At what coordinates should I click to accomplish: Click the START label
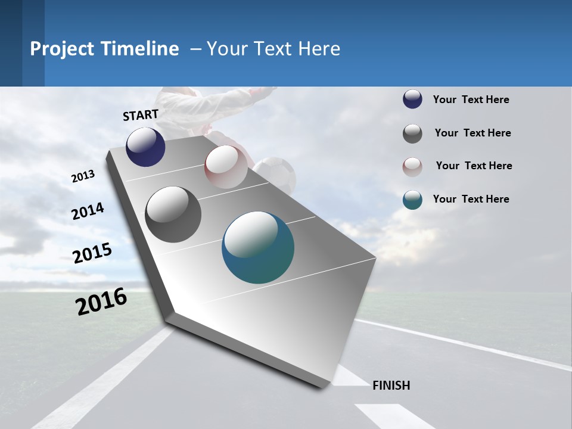tap(141, 115)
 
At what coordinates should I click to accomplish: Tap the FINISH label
tap(391, 386)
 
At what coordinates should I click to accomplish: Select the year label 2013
tap(83, 176)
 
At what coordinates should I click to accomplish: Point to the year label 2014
tap(88, 212)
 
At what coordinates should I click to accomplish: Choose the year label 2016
tap(101, 301)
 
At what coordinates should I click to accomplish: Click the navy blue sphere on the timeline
tap(145, 147)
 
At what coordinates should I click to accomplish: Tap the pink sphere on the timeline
tap(226, 167)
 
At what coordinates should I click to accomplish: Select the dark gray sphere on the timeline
tap(173, 214)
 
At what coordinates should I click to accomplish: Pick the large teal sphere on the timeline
tap(258, 247)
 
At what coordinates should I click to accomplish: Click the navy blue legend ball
tap(412, 99)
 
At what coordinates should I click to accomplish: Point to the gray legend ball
tap(412, 133)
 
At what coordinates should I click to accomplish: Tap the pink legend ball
tap(412, 166)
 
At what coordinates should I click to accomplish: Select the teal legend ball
tap(412, 200)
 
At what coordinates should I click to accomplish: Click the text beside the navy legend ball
tap(471, 100)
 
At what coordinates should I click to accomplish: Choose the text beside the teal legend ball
tap(471, 199)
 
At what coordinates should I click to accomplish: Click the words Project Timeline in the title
tap(104, 49)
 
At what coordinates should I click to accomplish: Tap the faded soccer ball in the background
tap(277, 175)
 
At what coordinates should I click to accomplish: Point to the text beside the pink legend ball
tap(474, 166)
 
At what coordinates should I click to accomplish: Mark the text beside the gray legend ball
tap(472, 133)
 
